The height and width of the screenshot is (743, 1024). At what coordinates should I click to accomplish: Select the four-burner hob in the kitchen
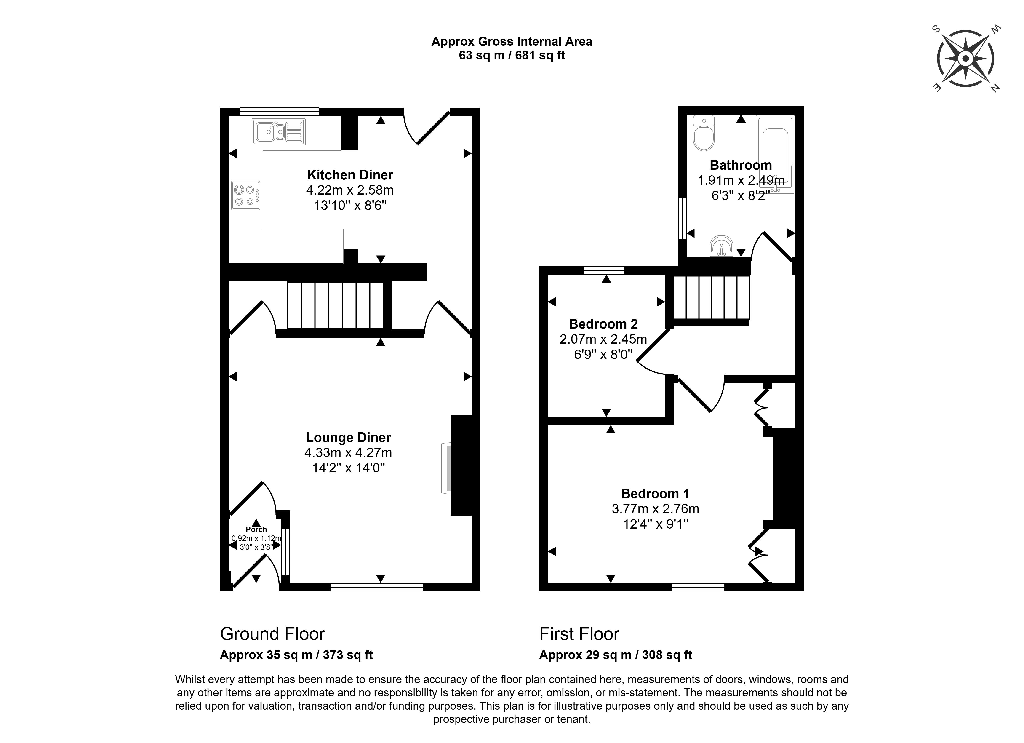coord(246,195)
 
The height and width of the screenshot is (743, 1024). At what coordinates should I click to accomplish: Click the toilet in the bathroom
coord(704,133)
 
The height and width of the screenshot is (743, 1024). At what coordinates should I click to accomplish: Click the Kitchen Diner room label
coord(350,175)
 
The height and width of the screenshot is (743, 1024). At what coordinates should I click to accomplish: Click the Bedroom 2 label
coord(603,324)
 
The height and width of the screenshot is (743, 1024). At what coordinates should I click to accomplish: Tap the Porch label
coord(256,529)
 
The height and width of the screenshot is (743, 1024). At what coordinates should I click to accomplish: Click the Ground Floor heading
coord(272,634)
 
